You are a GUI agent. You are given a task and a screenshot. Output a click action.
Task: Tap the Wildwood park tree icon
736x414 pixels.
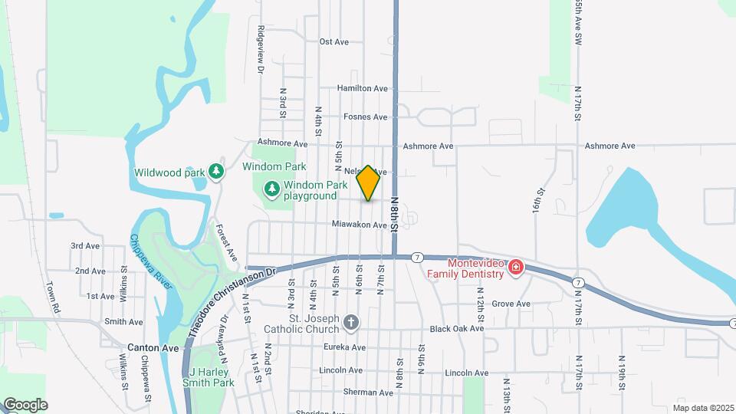217,172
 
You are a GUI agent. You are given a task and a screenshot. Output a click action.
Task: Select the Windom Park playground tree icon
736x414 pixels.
271,189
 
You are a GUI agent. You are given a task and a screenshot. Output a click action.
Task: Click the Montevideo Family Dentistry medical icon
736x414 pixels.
515,268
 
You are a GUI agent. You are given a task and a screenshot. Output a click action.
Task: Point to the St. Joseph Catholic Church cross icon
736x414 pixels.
351,323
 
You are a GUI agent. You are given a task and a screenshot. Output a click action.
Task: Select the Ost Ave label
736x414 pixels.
334,42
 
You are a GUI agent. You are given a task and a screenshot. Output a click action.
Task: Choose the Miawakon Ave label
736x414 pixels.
359,225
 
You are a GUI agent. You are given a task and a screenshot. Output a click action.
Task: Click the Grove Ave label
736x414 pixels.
511,304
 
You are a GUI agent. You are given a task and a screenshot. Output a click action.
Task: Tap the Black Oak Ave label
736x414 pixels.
457,329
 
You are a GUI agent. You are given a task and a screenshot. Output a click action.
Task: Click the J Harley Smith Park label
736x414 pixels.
212,377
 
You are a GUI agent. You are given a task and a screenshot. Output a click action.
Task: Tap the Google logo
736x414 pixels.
25,405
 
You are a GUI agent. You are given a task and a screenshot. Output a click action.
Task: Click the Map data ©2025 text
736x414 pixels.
703,407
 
